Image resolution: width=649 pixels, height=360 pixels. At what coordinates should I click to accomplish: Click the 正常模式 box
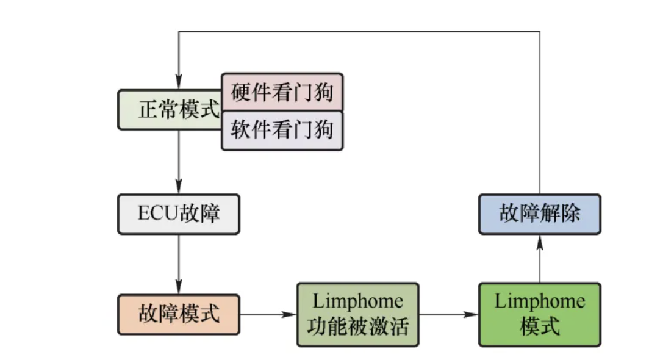pos(170,110)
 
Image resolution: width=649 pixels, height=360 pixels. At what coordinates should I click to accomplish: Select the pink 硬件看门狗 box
pos(282,92)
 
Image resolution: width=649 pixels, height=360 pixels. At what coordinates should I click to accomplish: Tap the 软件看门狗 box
pos(282,131)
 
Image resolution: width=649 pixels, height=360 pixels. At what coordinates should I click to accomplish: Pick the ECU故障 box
pos(178,214)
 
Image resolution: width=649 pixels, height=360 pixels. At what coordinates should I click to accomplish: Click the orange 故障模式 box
pos(178,315)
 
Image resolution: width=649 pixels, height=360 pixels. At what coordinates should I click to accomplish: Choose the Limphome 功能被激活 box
pos(357,315)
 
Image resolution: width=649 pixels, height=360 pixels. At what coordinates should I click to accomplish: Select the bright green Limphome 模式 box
pos(539,315)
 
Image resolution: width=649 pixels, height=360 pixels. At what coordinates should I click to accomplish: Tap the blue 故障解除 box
pos(539,214)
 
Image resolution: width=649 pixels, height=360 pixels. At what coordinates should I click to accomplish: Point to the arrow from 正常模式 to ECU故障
pos(178,162)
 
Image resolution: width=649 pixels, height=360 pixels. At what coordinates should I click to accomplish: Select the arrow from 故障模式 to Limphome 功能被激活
pos(268,315)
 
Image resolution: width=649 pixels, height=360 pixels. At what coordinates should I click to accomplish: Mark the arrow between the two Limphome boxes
pos(448,315)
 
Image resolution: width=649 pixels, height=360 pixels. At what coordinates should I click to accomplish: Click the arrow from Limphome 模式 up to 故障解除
pos(539,259)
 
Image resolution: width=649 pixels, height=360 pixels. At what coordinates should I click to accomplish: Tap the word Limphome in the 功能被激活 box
pos(357,301)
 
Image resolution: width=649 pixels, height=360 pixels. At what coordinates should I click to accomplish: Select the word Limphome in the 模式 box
pos(539,301)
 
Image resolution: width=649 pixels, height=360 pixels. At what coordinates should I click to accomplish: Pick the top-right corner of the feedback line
pos(539,32)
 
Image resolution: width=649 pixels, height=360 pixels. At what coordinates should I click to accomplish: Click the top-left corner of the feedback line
pos(178,32)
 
